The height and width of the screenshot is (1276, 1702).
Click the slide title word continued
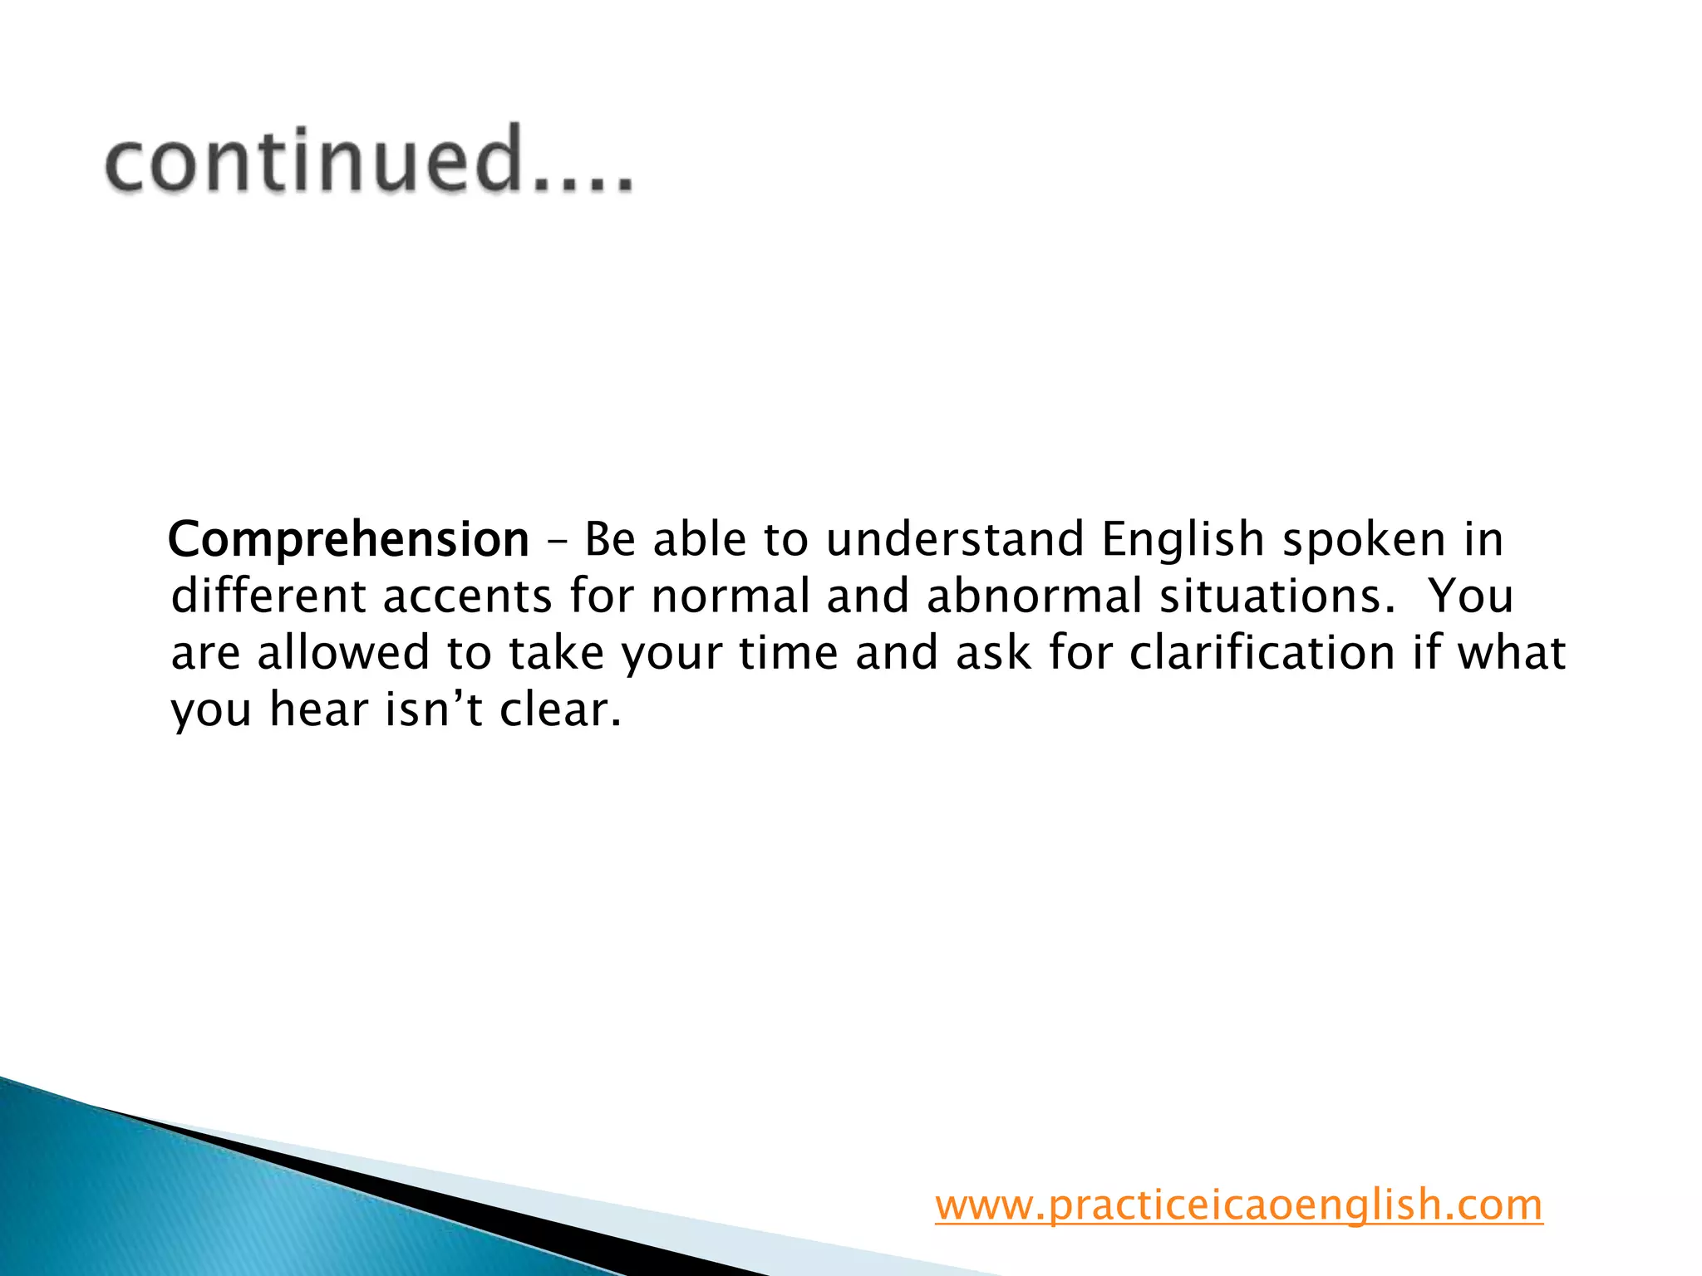[368, 159]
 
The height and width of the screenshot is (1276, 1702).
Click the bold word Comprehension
[348, 539]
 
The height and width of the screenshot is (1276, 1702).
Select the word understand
[955, 539]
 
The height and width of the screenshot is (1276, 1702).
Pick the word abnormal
[1035, 596]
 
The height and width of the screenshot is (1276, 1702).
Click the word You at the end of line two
[1471, 596]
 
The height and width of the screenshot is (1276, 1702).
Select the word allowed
[342, 653]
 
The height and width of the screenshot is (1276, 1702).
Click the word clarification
[1262, 653]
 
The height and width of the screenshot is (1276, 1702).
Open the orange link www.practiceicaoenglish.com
[1238, 1205]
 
